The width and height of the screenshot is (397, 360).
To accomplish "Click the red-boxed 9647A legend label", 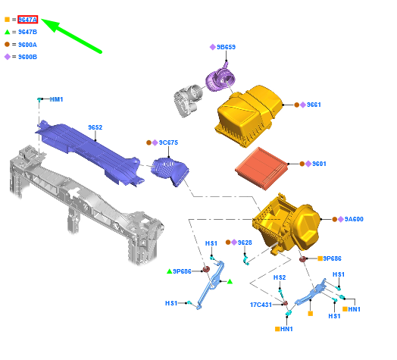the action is (x=27, y=20).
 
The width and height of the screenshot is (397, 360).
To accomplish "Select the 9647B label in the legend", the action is (x=27, y=32).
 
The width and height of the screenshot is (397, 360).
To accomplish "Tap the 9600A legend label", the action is (x=27, y=45).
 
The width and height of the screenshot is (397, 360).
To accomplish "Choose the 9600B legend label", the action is (x=27, y=57).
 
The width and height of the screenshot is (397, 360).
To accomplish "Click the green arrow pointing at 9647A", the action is (x=71, y=36).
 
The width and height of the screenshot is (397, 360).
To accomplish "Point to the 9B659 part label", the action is (x=226, y=47).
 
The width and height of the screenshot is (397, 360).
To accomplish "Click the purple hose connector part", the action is (x=220, y=79).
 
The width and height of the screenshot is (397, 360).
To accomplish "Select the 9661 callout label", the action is (x=314, y=105).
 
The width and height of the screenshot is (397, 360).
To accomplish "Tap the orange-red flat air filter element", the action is (x=261, y=168).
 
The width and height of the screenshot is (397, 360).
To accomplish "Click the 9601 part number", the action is (x=319, y=164).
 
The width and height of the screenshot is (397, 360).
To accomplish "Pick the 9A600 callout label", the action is (x=354, y=219).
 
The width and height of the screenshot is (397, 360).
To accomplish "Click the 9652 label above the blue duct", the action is (x=95, y=127).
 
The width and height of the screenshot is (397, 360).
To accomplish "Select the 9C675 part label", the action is (x=168, y=142).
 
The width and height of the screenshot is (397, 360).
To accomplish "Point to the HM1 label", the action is (x=56, y=99).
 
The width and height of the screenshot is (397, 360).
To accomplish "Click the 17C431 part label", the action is (x=261, y=305).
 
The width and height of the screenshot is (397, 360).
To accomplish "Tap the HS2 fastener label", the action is (x=280, y=277).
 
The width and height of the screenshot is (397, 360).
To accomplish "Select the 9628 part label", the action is (x=245, y=243).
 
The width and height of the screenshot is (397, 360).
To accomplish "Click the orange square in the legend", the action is (x=7, y=19).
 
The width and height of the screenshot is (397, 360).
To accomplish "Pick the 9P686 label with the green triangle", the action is (x=182, y=271).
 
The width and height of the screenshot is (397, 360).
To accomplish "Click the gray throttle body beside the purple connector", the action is (x=188, y=100).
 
